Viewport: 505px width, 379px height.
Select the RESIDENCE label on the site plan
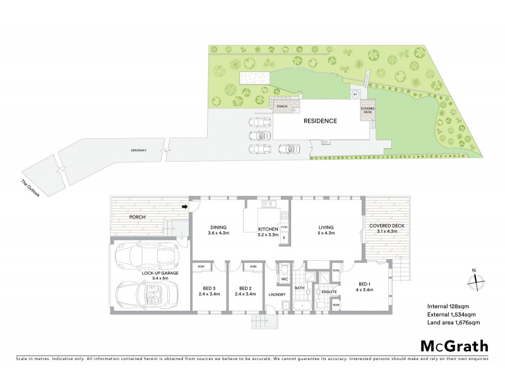pos(320,121)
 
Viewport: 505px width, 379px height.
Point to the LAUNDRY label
pos(277,295)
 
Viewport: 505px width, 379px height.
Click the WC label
pos(284,278)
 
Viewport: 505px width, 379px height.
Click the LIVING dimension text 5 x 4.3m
pos(326,234)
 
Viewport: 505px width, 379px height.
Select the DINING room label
pos(218,227)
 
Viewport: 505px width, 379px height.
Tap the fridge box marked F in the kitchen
pos(284,238)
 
